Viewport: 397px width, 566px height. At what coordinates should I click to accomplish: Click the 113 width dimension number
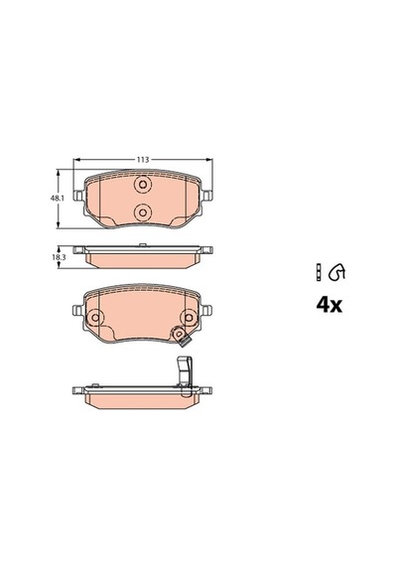[143, 160]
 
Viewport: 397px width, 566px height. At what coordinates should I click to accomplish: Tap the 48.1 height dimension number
[55, 199]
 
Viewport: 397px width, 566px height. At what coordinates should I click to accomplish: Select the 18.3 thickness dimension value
[55, 257]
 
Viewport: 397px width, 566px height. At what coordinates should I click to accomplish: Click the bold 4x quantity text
[330, 306]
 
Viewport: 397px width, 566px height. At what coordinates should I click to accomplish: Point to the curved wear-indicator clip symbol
[337, 272]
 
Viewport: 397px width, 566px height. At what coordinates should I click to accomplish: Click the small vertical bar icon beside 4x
[318, 272]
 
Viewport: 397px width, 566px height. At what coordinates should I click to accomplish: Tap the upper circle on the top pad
[143, 185]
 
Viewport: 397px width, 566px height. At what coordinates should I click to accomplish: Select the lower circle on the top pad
[143, 212]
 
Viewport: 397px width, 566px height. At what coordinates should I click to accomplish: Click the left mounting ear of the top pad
[78, 196]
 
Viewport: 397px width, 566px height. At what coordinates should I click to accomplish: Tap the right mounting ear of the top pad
[206, 196]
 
